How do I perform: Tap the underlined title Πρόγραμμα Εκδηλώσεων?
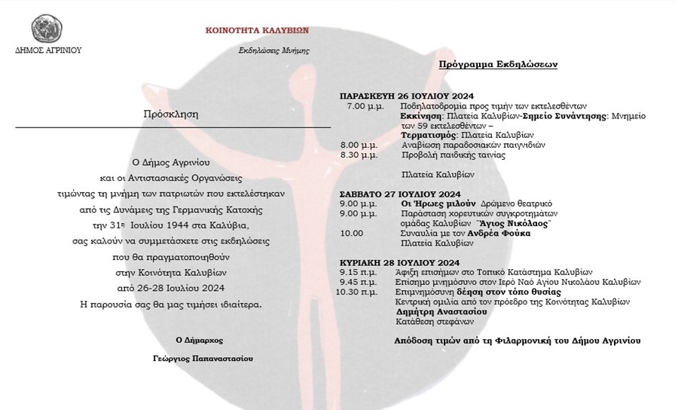point(499,65)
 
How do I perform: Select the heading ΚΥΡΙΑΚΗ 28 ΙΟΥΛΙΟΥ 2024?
point(395,262)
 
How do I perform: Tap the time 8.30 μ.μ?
point(359,155)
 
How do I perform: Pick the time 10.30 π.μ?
point(357,291)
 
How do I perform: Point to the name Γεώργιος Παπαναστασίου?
point(202,359)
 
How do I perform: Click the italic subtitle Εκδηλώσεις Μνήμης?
point(273,50)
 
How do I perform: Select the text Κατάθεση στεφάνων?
point(429,320)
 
